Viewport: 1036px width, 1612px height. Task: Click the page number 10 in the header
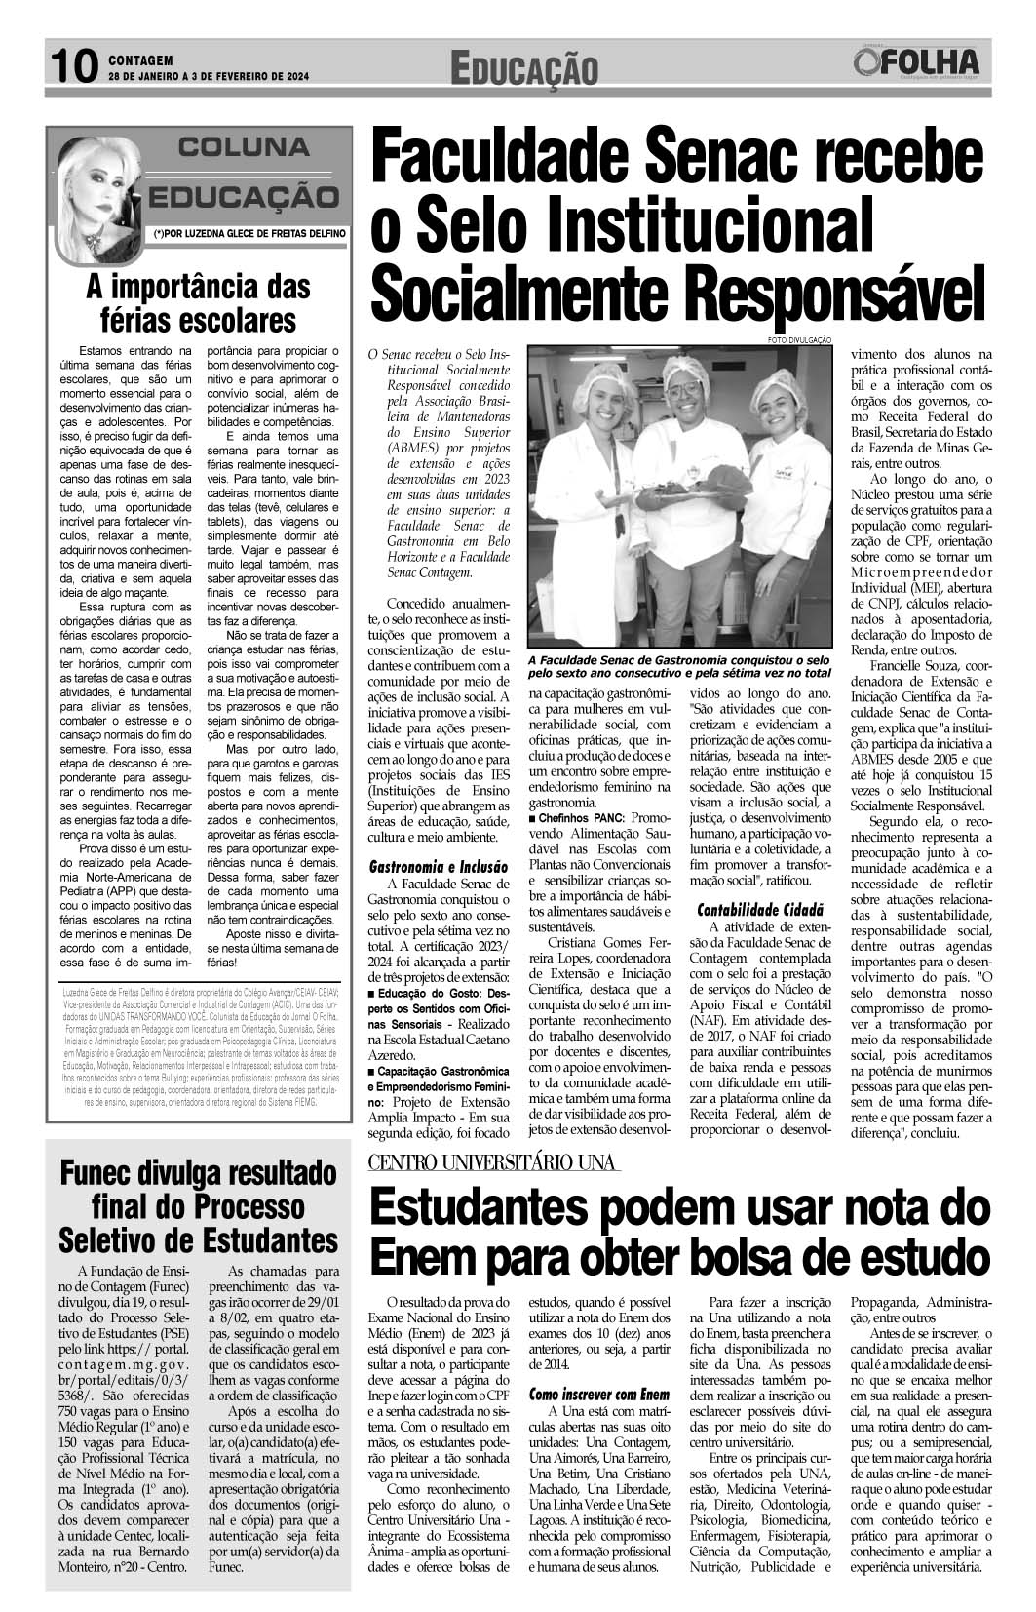73,67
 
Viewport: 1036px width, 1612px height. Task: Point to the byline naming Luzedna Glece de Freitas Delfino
247,234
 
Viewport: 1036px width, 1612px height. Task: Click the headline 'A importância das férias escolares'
198,303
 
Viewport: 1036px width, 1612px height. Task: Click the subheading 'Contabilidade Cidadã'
760,909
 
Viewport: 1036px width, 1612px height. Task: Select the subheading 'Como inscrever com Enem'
599,1395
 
